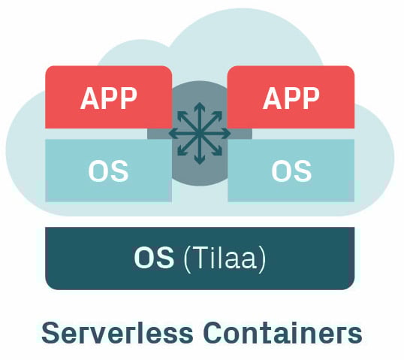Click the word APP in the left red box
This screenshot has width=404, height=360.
(108, 98)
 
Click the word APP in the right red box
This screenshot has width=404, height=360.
(291, 98)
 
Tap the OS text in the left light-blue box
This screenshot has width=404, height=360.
(108, 171)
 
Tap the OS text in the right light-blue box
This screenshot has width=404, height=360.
(291, 171)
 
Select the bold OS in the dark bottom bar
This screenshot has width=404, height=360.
(154, 257)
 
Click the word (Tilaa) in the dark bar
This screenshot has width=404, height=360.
(225, 259)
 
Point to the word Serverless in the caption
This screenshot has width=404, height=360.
(117, 333)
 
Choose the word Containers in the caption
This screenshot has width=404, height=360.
(282, 333)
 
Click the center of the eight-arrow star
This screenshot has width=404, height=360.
(200, 134)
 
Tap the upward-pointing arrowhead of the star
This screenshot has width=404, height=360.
(200, 106)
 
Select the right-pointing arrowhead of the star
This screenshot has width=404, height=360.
(227, 134)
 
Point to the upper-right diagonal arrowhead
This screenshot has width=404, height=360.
(219, 115)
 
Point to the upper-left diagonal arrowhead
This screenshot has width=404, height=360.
(181, 115)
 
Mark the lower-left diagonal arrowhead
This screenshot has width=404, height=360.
(181, 153)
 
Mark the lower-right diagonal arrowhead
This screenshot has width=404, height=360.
(219, 153)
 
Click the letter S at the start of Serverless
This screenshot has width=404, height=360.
(50, 333)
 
